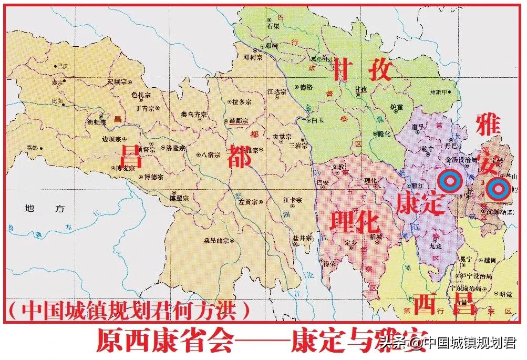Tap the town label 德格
pyautogui.click(x=305, y=87)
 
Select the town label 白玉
pyautogui.click(x=317, y=120)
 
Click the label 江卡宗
pyautogui.click(x=293, y=200)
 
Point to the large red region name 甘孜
pyautogui.click(x=361, y=70)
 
